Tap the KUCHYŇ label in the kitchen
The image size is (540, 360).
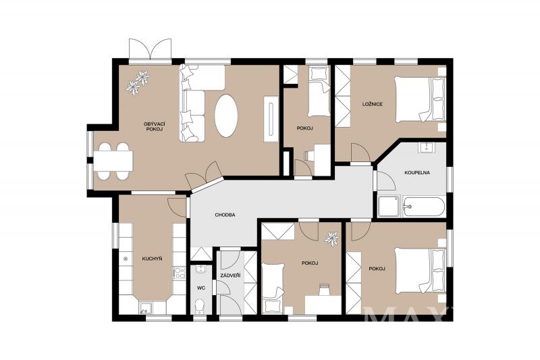[x=153, y=259]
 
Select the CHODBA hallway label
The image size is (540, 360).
[x=225, y=215]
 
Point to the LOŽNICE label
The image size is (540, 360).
[x=373, y=104]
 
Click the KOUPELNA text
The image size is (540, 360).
[x=417, y=173]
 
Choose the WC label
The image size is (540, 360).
[x=200, y=288]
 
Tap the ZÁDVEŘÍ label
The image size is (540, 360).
[x=230, y=276]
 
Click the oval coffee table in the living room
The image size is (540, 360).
[x=226, y=115]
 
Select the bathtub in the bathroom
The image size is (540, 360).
[x=424, y=207]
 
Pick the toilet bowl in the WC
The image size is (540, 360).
[x=199, y=306]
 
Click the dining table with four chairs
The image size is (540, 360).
[x=113, y=161]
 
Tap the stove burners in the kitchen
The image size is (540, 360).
[x=179, y=273]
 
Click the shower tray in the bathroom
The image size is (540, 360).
[x=389, y=207]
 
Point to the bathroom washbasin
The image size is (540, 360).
[x=427, y=147]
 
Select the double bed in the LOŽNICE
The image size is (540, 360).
[x=420, y=99]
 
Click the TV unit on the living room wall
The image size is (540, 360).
[x=271, y=119]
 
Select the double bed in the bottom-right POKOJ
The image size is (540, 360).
[x=420, y=271]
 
